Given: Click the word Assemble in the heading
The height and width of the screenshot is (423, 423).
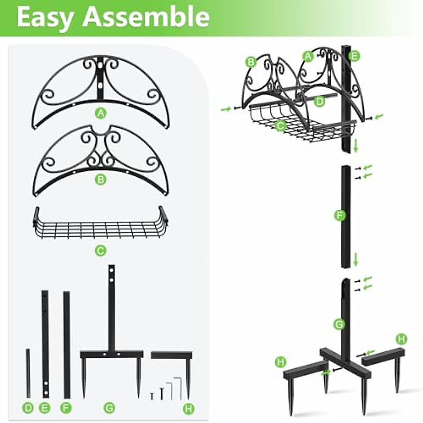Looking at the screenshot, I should pyautogui.click(x=146, y=17).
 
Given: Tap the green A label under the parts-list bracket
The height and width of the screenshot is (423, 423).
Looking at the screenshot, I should pyautogui.click(x=101, y=113).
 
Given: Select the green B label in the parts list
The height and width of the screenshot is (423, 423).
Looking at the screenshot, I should pyautogui.click(x=101, y=180).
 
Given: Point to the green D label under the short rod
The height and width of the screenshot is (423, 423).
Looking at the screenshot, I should pyautogui.click(x=28, y=409).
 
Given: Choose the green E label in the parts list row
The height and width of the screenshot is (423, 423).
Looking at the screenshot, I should pyautogui.click(x=44, y=409).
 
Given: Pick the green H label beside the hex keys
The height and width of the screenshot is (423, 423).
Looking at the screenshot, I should pyautogui.click(x=189, y=409).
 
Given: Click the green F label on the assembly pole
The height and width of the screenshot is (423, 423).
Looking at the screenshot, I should pyautogui.click(x=339, y=215).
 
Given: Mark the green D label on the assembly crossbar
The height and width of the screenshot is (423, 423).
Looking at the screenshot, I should pyautogui.click(x=319, y=102).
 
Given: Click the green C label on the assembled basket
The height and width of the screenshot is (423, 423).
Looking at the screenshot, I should pyautogui.click(x=281, y=125).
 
